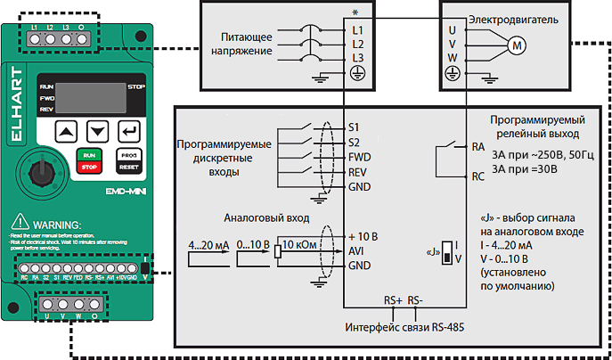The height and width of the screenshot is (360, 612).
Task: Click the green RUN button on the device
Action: tap(89, 154)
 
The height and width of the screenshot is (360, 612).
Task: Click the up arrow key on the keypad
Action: tap(67, 132)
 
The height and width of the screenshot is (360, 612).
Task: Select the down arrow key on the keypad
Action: tap(98, 132)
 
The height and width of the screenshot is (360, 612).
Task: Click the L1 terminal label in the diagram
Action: tap(358, 29)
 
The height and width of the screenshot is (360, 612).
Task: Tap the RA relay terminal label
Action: tap(477, 149)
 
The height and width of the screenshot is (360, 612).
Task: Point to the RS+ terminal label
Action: tap(392, 300)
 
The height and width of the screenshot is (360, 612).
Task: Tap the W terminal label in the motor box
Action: tap(452, 57)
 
